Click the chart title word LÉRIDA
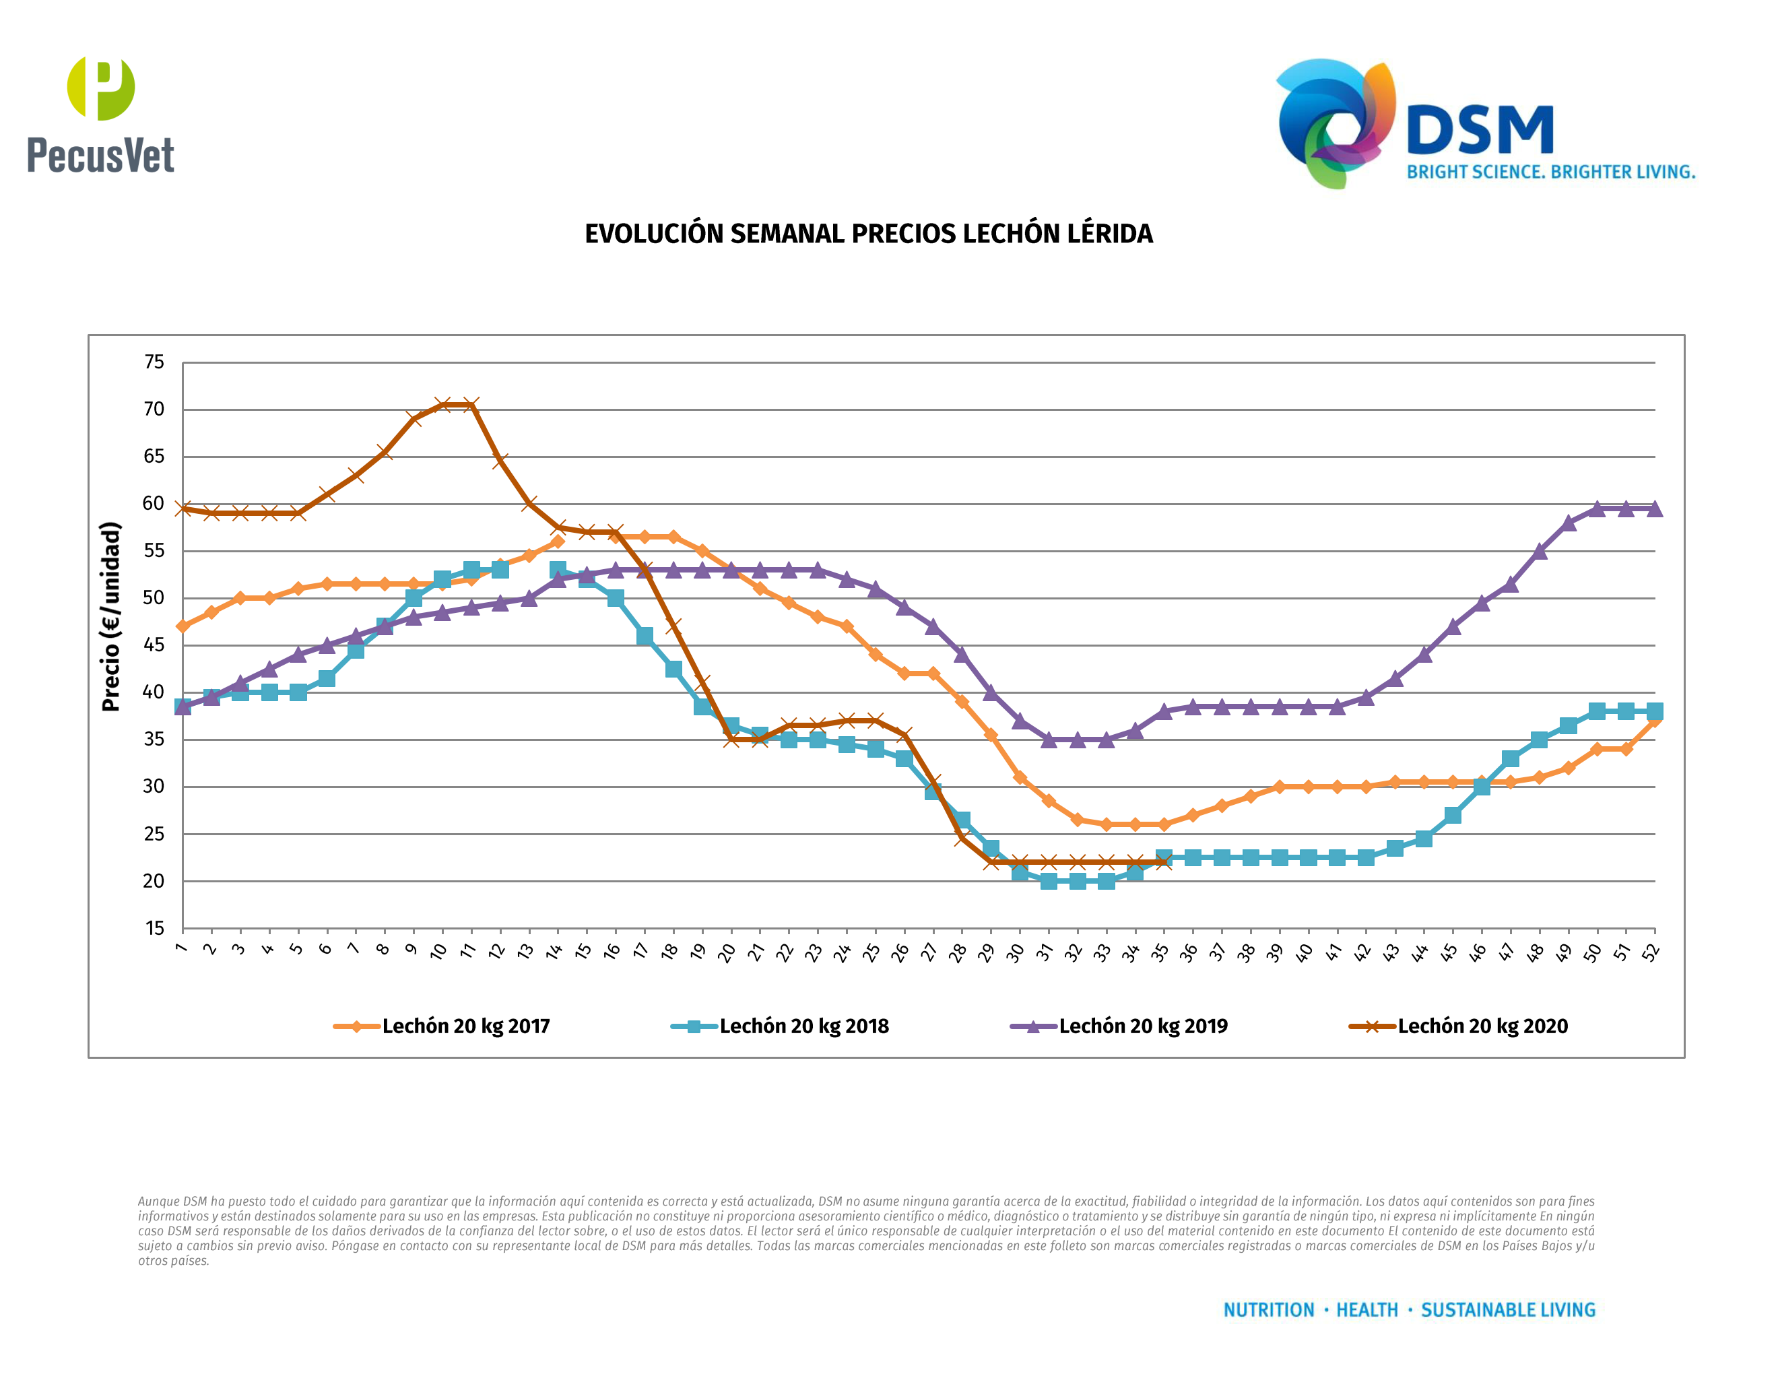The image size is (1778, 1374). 1110,234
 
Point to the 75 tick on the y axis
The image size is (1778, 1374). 154,362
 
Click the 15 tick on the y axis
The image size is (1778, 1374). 154,929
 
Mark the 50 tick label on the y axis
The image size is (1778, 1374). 154,598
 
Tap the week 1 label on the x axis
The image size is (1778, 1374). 180,948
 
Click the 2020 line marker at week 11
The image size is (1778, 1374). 471,405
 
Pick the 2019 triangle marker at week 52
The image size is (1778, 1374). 1654,509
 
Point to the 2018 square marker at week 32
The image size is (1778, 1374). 1077,881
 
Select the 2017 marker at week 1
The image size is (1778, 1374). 183,626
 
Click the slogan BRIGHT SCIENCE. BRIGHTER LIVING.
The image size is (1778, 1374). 1550,172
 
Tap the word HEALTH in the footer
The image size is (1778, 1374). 1367,1310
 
